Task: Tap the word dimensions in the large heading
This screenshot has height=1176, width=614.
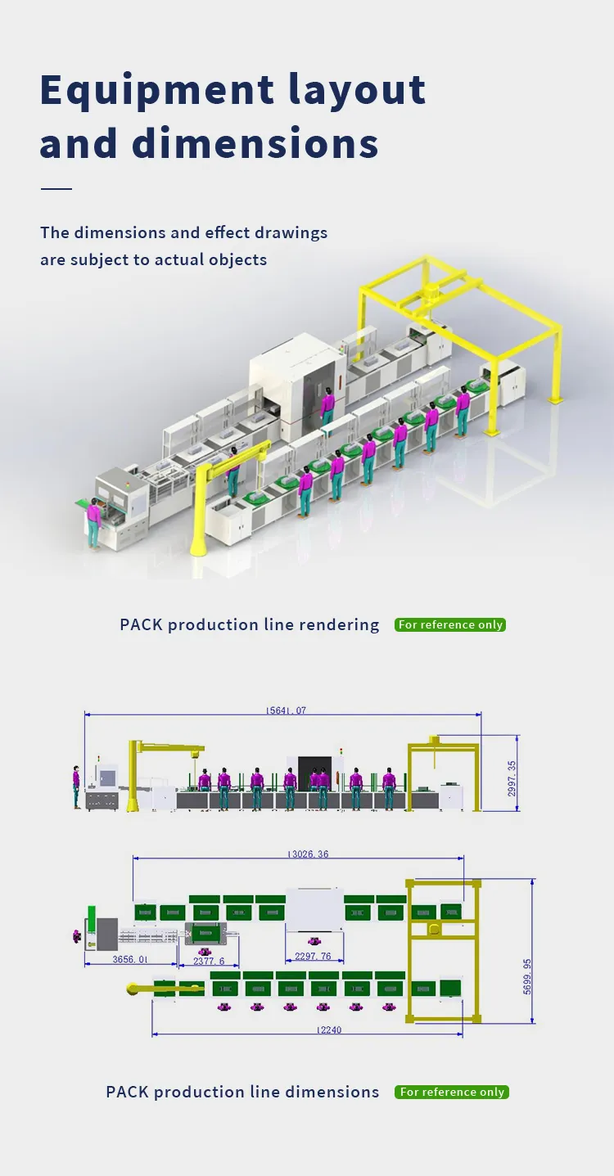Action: [x=255, y=143]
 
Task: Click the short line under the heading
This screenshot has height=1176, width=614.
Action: [x=56, y=189]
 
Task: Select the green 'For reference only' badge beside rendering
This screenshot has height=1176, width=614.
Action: [x=450, y=624]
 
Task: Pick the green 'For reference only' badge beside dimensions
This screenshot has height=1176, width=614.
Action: [x=452, y=1092]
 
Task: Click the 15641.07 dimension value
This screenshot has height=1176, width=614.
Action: [x=286, y=710]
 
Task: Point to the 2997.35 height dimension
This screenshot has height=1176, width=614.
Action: [x=512, y=778]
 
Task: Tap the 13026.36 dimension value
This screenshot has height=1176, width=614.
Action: [x=308, y=854]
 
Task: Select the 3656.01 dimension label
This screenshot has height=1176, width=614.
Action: [x=130, y=959]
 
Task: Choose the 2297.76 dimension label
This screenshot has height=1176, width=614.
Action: [x=314, y=956]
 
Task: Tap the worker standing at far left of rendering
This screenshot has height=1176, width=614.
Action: [x=95, y=524]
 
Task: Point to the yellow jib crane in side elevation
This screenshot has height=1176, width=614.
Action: [x=136, y=773]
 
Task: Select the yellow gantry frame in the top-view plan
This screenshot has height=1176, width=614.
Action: [x=441, y=949]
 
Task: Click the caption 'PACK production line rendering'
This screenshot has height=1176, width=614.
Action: [x=250, y=624]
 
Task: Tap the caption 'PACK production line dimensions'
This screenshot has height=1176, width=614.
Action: [x=242, y=1092]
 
